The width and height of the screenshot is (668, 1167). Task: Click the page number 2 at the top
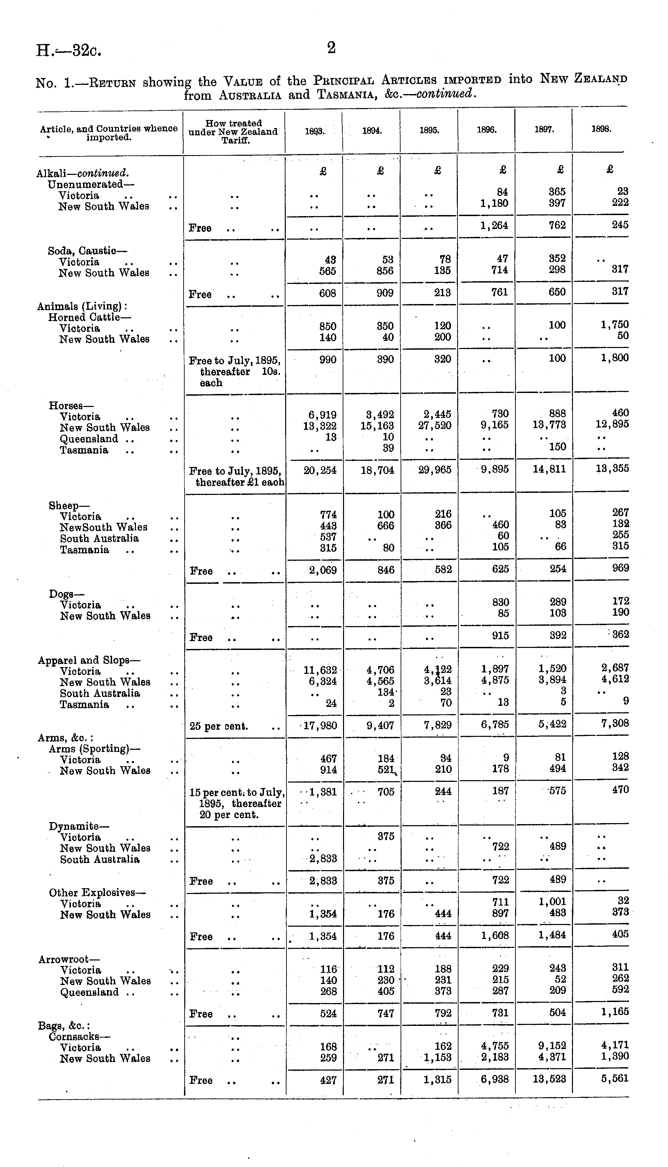pyautogui.click(x=331, y=48)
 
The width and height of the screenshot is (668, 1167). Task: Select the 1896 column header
pyautogui.click(x=486, y=130)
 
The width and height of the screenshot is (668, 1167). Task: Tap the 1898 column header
pyautogui.click(x=601, y=130)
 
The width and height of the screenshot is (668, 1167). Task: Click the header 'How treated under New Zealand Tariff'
pyautogui.click(x=234, y=132)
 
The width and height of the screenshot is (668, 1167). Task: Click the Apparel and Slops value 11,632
pyautogui.click(x=320, y=670)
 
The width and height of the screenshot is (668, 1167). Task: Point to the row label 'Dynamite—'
pyautogui.click(x=79, y=827)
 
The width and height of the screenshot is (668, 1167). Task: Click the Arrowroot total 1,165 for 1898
pyautogui.click(x=615, y=1012)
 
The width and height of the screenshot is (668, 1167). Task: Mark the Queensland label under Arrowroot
pyautogui.click(x=89, y=992)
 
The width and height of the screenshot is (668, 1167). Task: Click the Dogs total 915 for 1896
pyautogui.click(x=500, y=636)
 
